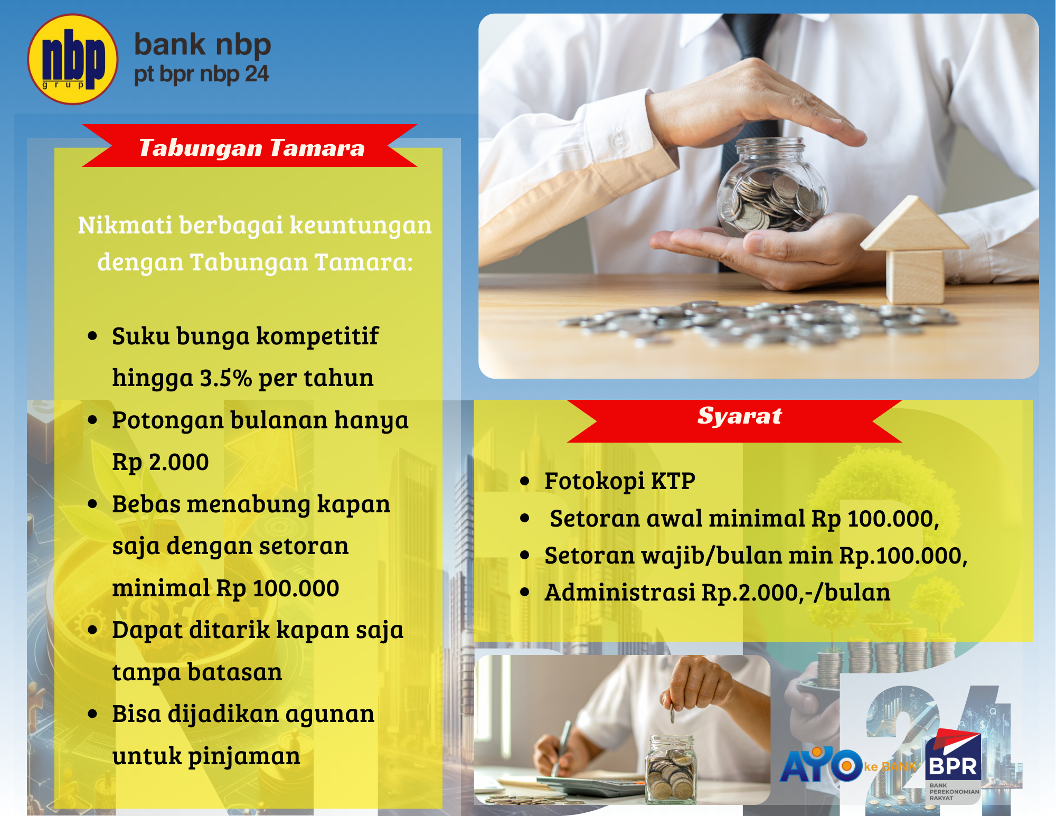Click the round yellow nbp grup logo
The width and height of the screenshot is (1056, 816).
click(72, 59)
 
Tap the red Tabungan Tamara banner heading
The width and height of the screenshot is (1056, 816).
click(251, 147)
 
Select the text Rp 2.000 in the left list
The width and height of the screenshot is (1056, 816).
click(160, 462)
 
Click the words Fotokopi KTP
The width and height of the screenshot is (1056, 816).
click(619, 481)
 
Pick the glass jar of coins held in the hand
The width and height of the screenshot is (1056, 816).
click(771, 187)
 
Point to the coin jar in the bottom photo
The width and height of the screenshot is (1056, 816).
click(671, 768)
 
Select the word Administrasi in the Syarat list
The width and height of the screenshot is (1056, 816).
click(619, 593)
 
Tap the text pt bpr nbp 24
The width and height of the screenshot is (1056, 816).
click(201, 74)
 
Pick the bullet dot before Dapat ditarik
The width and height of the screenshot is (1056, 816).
click(93, 630)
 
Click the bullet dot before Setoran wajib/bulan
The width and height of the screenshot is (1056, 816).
click(524, 556)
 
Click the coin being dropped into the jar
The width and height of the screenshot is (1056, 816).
click(672, 716)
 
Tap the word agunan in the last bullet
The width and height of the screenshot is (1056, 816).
click(330, 714)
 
